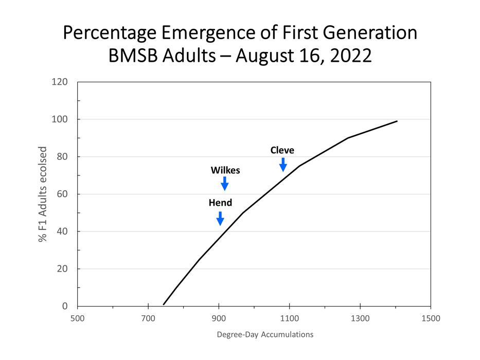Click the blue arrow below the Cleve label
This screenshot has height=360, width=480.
pos(283,165)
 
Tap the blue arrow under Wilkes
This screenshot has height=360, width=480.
pos(224,184)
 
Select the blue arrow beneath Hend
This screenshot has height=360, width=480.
pos(220,218)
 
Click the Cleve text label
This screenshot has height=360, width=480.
pos(282,150)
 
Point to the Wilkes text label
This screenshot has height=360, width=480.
pos(225,170)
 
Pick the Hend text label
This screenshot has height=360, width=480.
pos(220,203)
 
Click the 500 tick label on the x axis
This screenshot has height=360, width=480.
pos(77,318)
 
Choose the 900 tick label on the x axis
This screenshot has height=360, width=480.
pos(219,318)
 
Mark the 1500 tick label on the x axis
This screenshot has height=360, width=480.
pos(431,318)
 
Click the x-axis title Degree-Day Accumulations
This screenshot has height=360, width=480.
pos(265,334)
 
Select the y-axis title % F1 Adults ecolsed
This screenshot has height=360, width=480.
pos(43,194)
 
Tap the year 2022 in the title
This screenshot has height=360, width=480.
pos(347,56)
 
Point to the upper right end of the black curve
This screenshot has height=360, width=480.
pos(397,121)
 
